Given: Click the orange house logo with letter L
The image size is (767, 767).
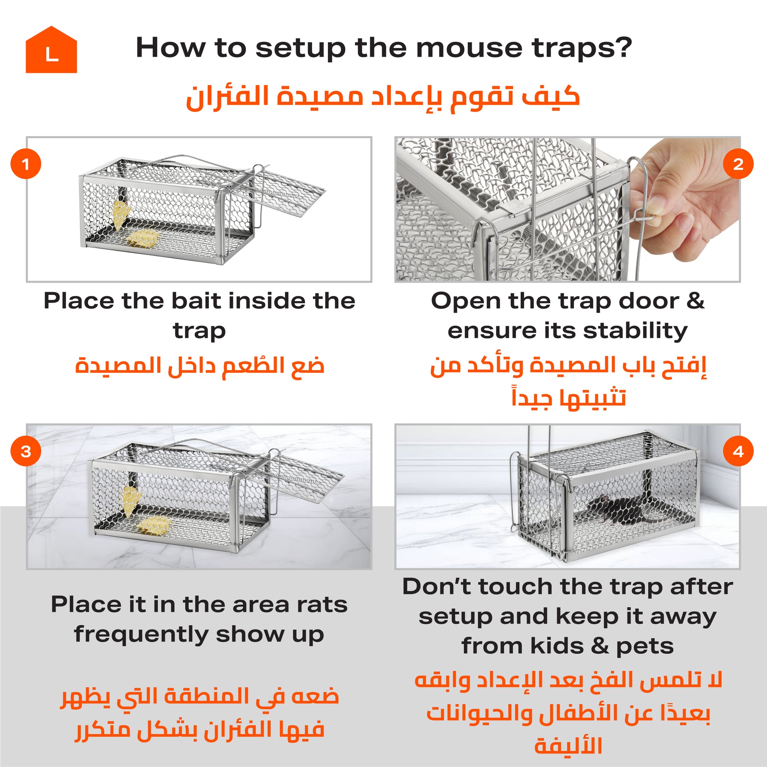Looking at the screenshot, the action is point(51,50).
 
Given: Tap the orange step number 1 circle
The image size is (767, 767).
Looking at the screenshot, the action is point(26,164).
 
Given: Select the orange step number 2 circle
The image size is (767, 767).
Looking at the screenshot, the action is point(738,164).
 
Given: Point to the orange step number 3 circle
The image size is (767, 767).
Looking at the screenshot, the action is point(26,451).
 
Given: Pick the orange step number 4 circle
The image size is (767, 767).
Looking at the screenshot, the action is point(738,451).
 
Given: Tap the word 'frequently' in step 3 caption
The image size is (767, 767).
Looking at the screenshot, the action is point(141,635).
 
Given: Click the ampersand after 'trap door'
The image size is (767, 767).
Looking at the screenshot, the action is point(695,300).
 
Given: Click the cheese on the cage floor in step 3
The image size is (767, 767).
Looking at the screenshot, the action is point(153,525).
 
